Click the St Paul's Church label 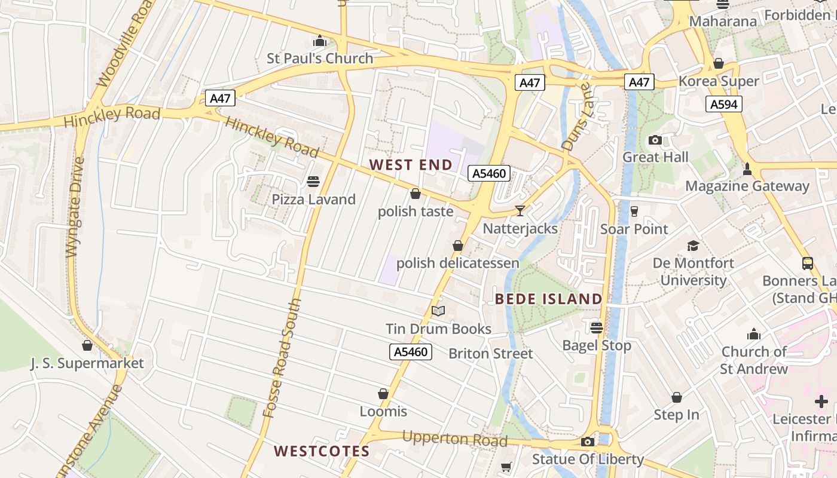point(320,59)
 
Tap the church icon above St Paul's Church point(320,41)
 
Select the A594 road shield point(723,105)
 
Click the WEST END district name point(411,164)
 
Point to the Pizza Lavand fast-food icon point(313,181)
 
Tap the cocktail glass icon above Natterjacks point(520,210)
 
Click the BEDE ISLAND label point(549,299)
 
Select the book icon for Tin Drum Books point(438,311)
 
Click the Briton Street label point(490,354)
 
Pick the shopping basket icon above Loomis point(383,394)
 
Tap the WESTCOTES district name point(322,451)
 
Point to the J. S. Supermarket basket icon point(87,345)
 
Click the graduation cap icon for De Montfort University point(693,246)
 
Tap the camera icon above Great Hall point(655,140)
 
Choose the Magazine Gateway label point(747,186)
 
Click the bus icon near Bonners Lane point(807,263)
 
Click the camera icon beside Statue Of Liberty point(588,442)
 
